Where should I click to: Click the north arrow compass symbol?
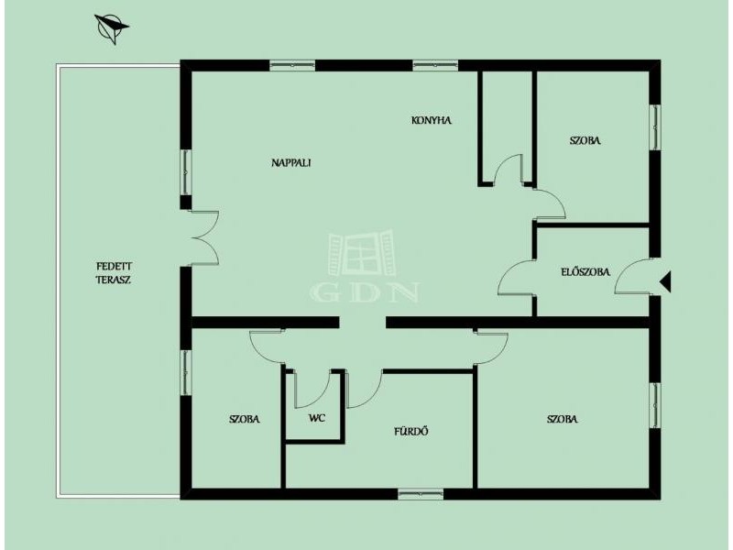pyautogui.click(x=111, y=28)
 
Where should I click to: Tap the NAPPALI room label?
pyautogui.click(x=291, y=163)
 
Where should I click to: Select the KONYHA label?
pyautogui.click(x=432, y=120)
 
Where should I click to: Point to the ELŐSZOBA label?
pyautogui.click(x=585, y=271)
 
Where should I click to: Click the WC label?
pyautogui.click(x=317, y=418)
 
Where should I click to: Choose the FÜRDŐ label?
pyautogui.click(x=411, y=431)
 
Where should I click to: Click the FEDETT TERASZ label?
pyautogui.click(x=114, y=273)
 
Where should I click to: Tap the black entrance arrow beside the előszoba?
pyautogui.click(x=665, y=281)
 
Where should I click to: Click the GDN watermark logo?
pyautogui.click(x=364, y=267)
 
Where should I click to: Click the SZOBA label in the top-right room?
pyautogui.click(x=585, y=140)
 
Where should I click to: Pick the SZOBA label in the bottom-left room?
pyautogui.click(x=245, y=419)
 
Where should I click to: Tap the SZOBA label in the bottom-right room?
pyautogui.click(x=562, y=419)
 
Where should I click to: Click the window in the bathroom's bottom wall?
pyautogui.click(x=421, y=494)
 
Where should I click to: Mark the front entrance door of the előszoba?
pyautogui.click(x=632, y=277)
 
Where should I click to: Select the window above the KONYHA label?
pyautogui.click(x=435, y=65)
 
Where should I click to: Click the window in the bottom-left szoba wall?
pyautogui.click(x=186, y=373)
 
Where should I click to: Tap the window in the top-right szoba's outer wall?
pyautogui.click(x=655, y=127)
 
